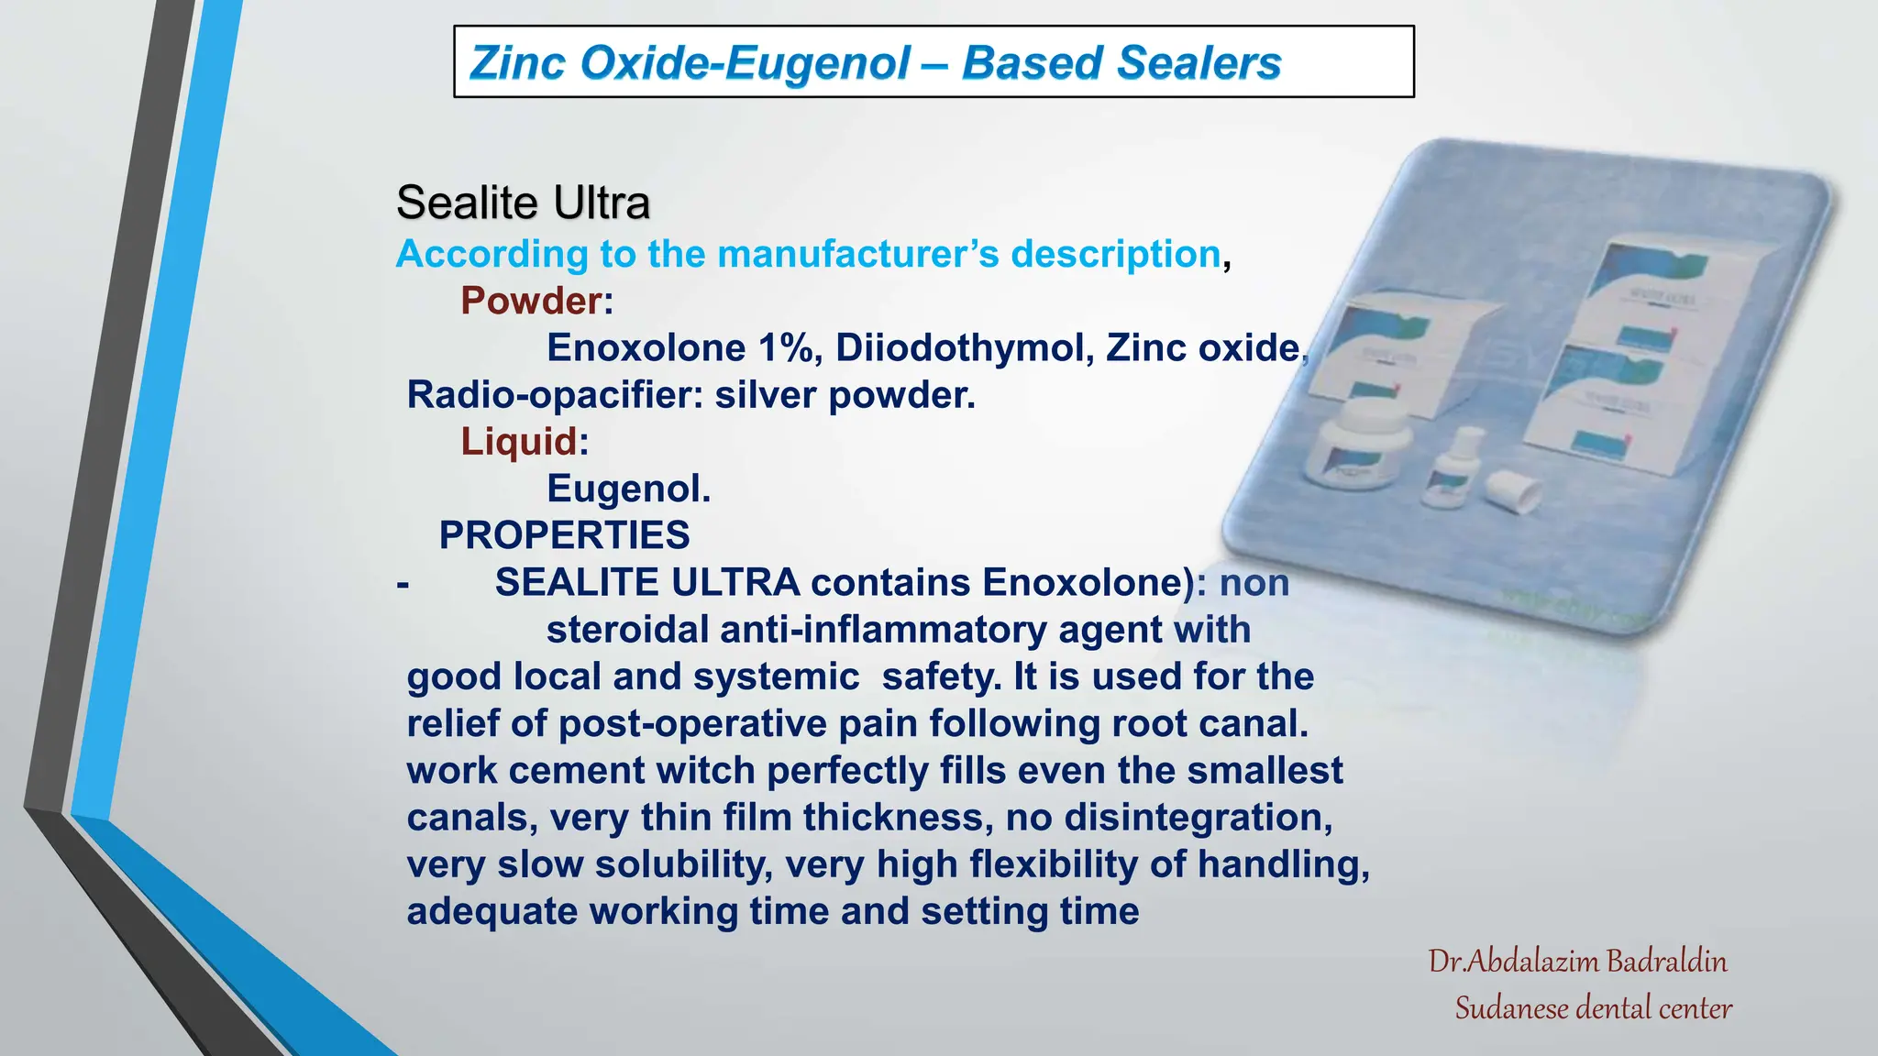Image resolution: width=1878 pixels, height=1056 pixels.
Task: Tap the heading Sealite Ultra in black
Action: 523,203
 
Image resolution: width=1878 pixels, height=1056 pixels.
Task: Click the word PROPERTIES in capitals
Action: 564,535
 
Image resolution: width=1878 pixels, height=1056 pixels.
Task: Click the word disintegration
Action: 1198,818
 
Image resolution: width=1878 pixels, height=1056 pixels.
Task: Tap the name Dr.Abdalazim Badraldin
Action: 1577,962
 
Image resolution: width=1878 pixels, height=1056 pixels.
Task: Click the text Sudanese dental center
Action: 1593,1008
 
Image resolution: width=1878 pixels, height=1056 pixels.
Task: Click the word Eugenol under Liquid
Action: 628,489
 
